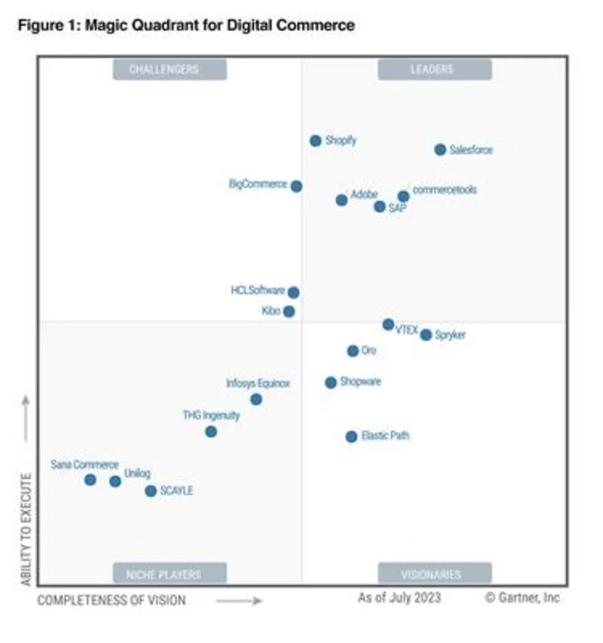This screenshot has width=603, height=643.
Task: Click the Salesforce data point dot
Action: (440, 150)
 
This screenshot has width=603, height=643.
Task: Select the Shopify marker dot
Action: (316, 141)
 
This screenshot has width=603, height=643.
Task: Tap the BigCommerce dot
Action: (296, 186)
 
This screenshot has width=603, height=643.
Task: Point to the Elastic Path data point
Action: (352, 436)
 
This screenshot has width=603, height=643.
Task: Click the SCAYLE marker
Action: (151, 491)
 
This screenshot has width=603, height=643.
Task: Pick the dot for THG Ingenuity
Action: (211, 431)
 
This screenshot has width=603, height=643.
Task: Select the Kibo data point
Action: (289, 311)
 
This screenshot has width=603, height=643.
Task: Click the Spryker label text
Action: (451, 335)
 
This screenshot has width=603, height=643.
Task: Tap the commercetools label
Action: (445, 190)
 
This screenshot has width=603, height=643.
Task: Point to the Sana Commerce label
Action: (85, 465)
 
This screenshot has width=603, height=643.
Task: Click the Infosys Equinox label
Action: (258, 383)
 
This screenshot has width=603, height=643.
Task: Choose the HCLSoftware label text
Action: (258, 291)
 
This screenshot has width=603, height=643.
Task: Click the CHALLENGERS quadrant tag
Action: (163, 69)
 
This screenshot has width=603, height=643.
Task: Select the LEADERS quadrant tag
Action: (432, 69)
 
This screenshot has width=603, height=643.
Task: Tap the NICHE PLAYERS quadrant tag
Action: (163, 574)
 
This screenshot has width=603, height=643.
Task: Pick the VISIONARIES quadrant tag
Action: (432, 574)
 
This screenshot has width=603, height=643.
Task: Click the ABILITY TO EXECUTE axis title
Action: (26, 528)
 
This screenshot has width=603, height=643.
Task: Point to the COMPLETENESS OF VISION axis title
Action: (111, 600)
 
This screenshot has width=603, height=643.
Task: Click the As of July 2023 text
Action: (399, 598)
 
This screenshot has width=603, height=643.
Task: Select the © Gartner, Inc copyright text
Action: (522, 598)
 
